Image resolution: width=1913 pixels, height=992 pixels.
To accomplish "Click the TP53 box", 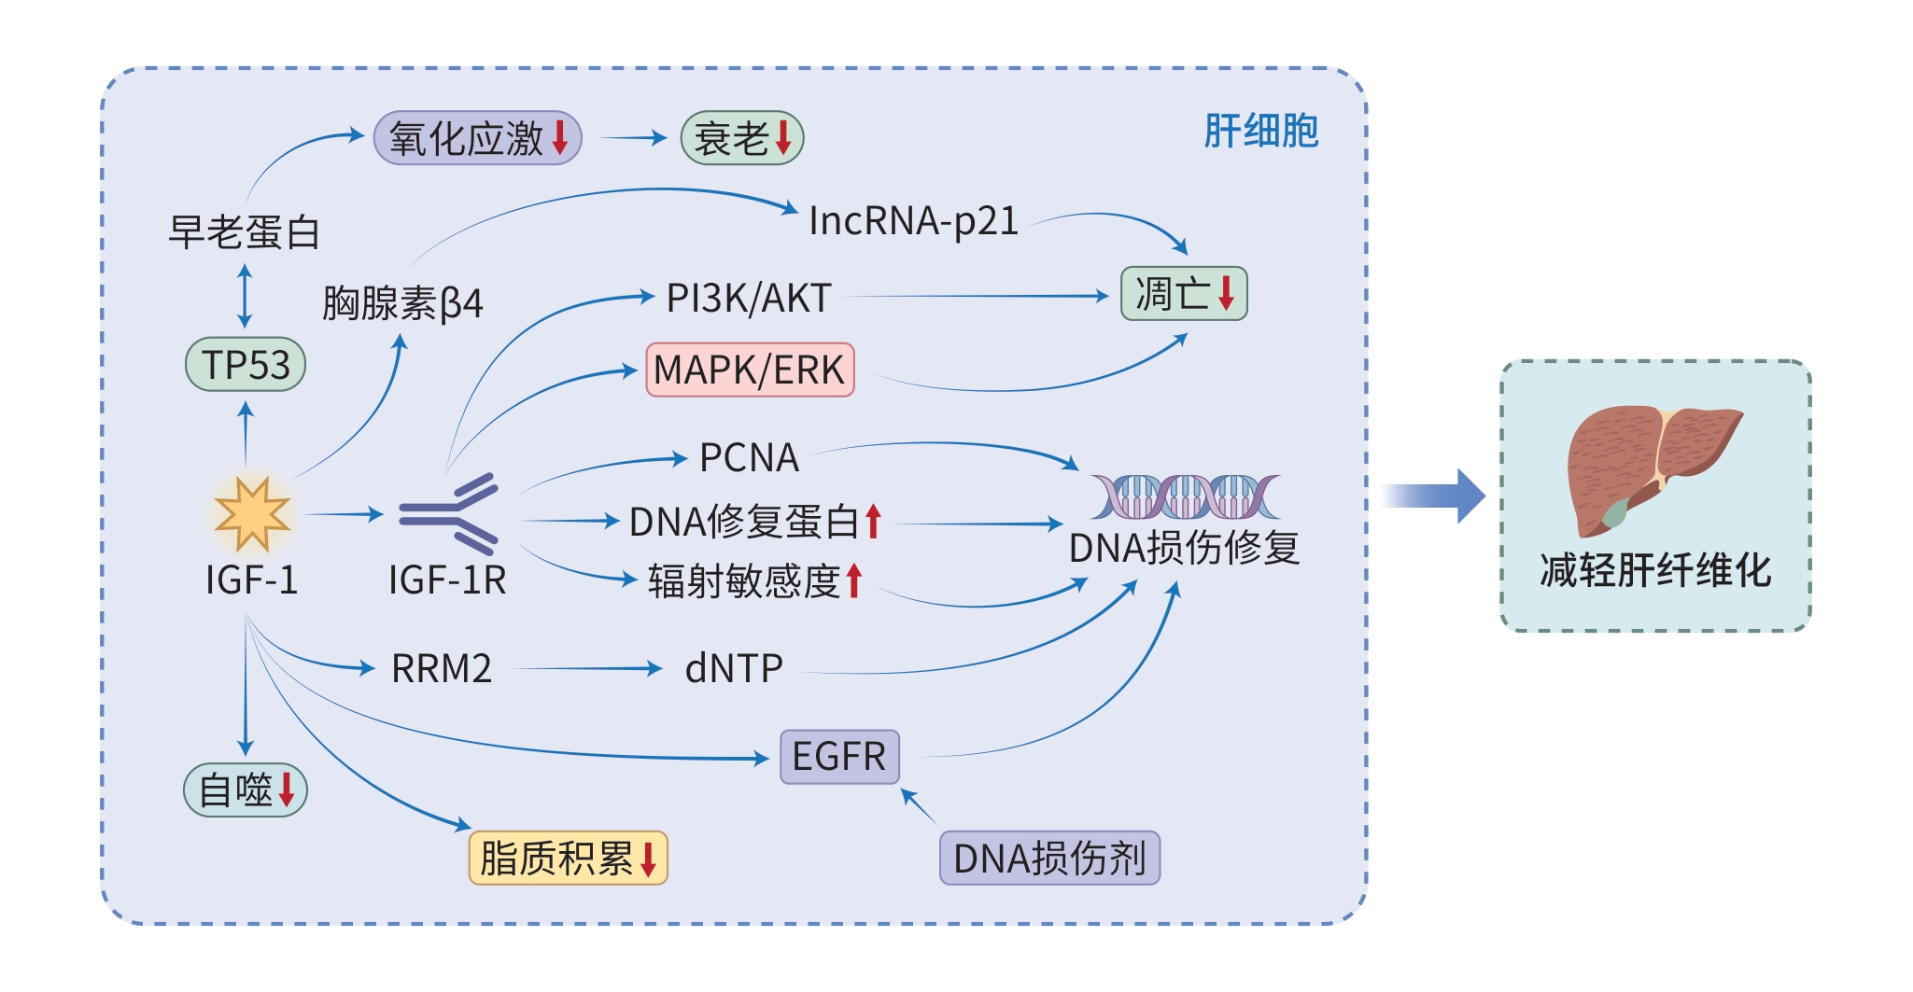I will point(246,365).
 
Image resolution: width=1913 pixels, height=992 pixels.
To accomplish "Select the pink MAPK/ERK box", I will point(750,370).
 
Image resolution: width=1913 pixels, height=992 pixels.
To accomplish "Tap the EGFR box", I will point(839,757).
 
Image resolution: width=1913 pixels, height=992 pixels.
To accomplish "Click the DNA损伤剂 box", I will point(1049,858).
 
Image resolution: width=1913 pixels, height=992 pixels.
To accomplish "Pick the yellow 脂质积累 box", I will point(568,858).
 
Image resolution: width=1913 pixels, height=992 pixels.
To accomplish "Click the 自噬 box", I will point(246,790).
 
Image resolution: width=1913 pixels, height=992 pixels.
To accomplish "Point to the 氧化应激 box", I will point(477,139).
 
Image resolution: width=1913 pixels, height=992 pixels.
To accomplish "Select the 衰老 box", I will point(742,139).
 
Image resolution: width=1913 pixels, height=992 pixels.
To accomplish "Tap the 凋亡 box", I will point(1184,294).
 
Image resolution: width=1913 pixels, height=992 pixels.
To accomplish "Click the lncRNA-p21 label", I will point(912,222).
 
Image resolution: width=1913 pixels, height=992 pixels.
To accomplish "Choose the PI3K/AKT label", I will point(749,299).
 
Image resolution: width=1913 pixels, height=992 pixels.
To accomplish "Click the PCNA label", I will point(749,458).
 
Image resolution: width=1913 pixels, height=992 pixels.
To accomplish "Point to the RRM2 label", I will point(442,669).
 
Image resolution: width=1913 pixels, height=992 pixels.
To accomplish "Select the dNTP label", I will point(734,669).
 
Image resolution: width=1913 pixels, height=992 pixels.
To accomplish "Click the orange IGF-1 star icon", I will point(251,513).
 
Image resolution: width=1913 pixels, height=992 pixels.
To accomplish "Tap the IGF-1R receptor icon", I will point(450,513).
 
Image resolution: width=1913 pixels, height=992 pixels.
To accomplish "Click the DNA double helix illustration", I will point(1185,496).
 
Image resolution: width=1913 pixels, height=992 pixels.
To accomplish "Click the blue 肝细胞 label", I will point(1260,131).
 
